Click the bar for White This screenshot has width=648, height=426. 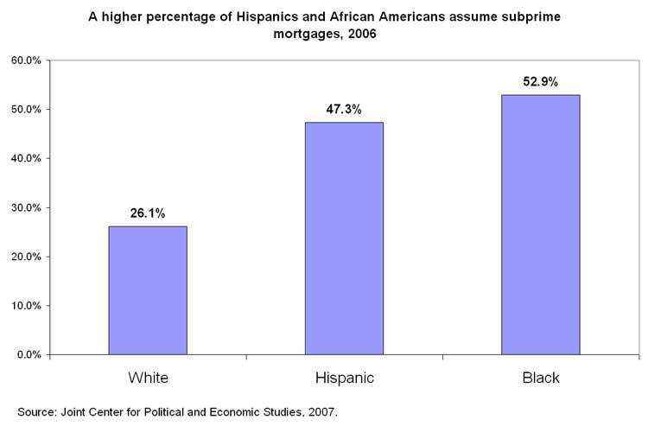click(147, 290)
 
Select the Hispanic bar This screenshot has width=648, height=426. click(344, 238)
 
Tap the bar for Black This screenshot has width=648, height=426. click(541, 225)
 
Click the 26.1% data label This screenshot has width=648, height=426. click(148, 213)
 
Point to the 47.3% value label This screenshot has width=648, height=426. click(344, 110)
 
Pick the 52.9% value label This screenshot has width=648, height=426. click(541, 82)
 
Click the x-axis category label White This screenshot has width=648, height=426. click(148, 378)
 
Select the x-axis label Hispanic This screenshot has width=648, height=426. click(344, 378)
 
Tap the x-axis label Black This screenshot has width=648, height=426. click(541, 378)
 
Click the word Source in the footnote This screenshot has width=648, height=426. click(35, 411)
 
